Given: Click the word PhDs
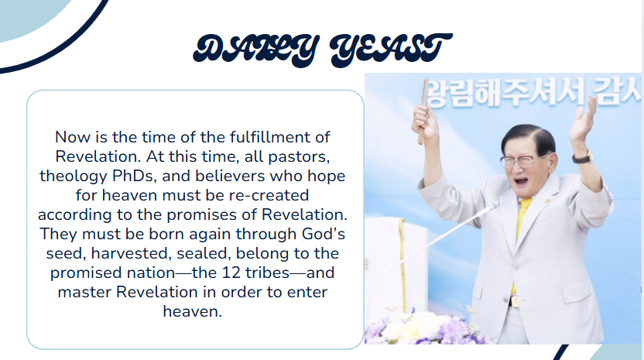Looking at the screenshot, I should coord(140,176).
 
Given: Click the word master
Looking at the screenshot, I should coord(82,292).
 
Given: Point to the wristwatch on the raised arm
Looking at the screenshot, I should coord(582,157).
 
